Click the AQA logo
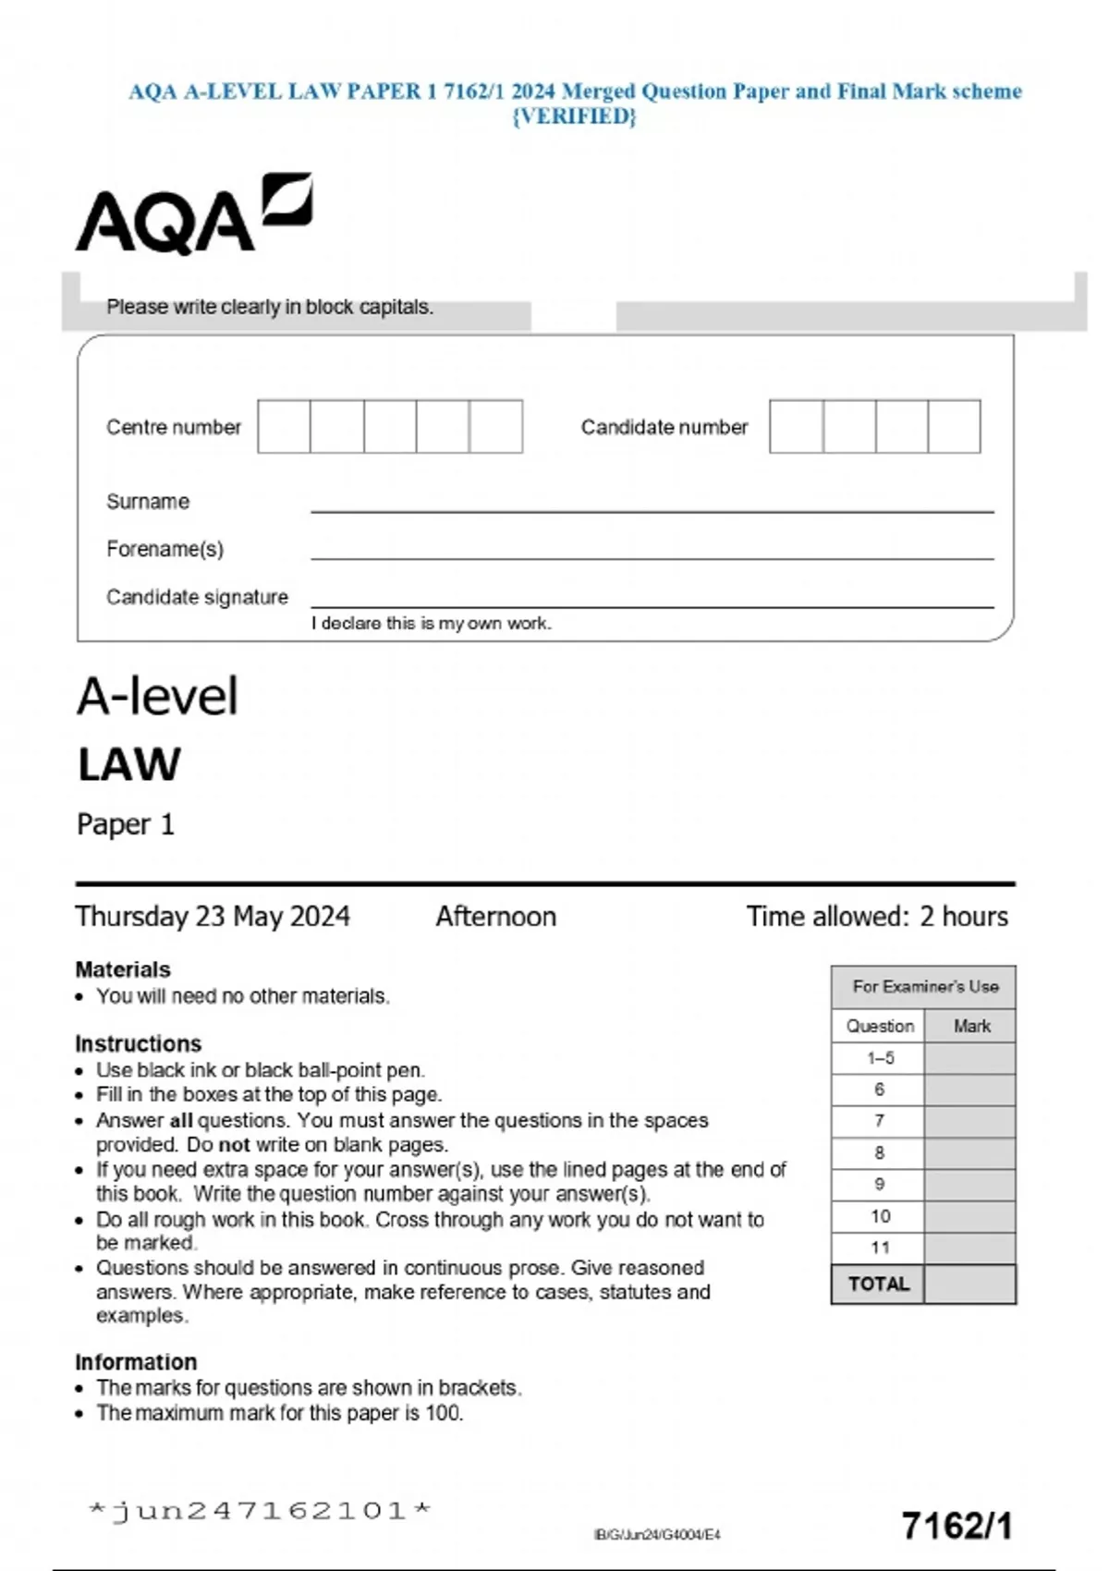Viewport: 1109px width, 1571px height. [x=194, y=214]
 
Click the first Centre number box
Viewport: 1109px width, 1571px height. [x=284, y=426]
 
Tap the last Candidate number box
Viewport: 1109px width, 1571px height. [x=954, y=426]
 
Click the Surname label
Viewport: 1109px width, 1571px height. [x=148, y=502]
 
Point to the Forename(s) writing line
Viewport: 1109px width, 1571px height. [x=652, y=557]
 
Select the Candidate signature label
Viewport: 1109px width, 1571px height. [x=197, y=597]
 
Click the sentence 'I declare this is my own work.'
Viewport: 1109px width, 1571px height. [x=431, y=624]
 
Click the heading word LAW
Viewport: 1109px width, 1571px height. [x=129, y=765]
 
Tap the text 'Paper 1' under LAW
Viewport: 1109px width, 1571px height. [x=126, y=824]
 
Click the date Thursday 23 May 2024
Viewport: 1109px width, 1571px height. [x=213, y=917]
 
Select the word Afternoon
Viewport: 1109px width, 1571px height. [x=496, y=917]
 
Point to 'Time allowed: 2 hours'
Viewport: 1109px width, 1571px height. [x=877, y=917]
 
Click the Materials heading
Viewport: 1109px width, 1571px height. [x=123, y=969]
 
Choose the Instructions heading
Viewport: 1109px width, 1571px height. [x=139, y=1043]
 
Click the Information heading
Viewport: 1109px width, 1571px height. [x=136, y=1362]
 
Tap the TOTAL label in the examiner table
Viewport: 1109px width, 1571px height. [x=879, y=1285]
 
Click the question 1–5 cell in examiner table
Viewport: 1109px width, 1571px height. [x=880, y=1058]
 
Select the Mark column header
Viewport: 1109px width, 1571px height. [x=971, y=1026]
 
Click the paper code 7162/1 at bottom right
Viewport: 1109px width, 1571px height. [x=957, y=1526]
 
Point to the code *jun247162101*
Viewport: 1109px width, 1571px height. [x=260, y=1511]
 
